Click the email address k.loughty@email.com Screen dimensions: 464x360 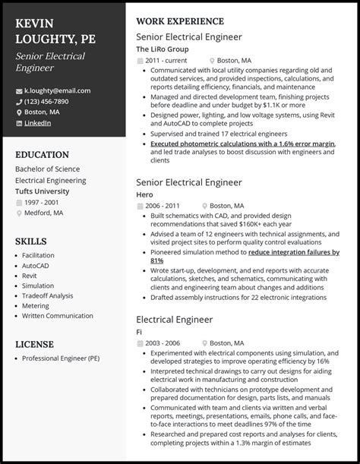click(x=57, y=90)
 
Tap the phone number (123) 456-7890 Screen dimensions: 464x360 click(x=51, y=101)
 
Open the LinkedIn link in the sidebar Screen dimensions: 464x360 click(x=38, y=122)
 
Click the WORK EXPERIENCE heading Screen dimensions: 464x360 click(x=179, y=21)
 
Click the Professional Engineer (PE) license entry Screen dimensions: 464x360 click(x=60, y=358)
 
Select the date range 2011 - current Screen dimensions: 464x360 click(x=167, y=60)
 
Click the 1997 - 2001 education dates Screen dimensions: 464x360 click(x=42, y=204)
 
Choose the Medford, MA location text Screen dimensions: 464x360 click(x=45, y=214)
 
